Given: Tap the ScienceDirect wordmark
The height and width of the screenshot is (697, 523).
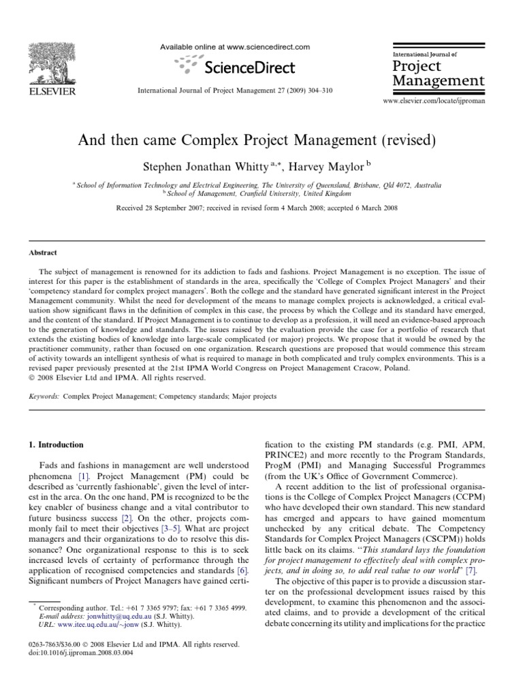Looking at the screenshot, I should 247,67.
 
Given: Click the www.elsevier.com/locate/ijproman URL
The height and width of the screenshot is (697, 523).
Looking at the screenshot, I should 434,100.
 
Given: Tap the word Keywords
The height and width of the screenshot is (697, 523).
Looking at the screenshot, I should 44,395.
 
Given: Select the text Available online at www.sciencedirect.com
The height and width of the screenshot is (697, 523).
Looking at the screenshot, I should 234,47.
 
